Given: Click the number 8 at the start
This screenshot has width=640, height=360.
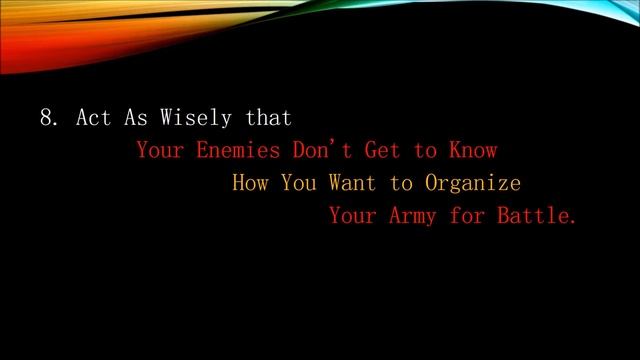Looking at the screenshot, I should (47, 118).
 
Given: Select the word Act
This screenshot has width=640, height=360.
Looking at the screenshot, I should (91, 118).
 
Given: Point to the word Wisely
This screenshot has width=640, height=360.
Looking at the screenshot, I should (193, 118).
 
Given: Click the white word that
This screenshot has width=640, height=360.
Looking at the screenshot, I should (269, 118).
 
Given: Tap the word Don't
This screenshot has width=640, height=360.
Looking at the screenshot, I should (321, 151).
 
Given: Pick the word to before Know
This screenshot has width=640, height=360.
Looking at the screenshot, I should (427, 151).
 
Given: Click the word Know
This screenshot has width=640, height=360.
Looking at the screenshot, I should (472, 151).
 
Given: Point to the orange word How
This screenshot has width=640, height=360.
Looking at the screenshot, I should (249, 184).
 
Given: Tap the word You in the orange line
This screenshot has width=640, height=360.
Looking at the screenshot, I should (298, 184).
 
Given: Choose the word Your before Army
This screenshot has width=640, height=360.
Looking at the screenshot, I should (351, 216).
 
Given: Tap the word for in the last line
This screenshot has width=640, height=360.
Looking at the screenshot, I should (465, 216).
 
